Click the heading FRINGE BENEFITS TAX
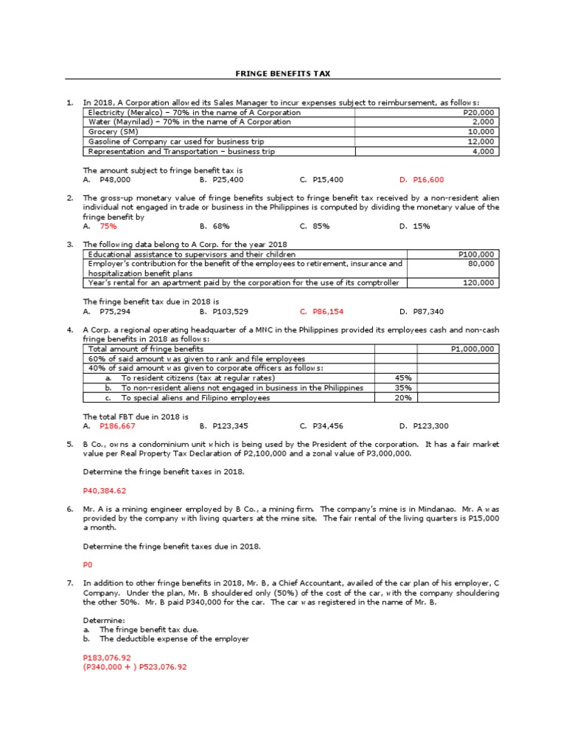click(x=282, y=74)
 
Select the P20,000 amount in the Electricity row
click(x=480, y=113)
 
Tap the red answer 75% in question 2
click(x=108, y=226)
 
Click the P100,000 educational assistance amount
click(x=478, y=254)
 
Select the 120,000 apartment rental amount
click(x=483, y=282)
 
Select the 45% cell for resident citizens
click(x=393, y=378)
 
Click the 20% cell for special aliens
click(x=393, y=397)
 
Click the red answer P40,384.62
click(x=105, y=490)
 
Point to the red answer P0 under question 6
click(x=88, y=564)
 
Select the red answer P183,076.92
click(x=107, y=657)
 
